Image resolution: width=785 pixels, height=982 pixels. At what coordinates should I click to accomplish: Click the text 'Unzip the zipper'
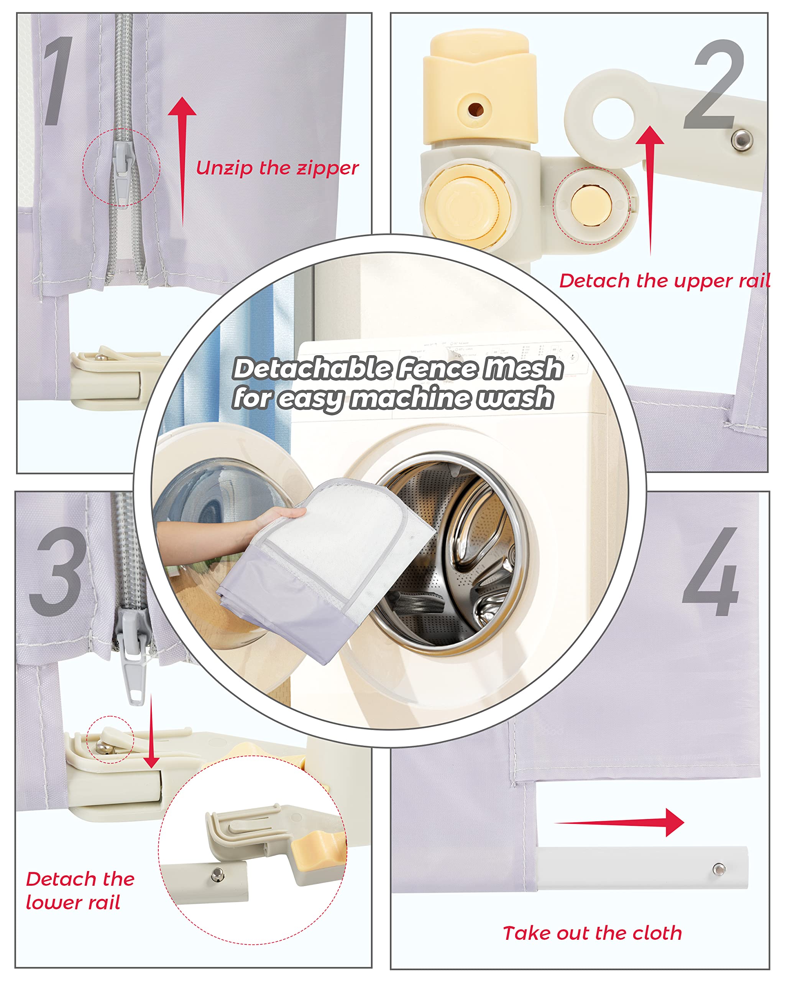click(x=277, y=168)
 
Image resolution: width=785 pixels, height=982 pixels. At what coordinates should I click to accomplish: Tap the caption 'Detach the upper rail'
click(x=664, y=281)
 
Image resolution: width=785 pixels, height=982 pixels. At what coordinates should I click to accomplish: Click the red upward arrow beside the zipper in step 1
click(x=182, y=162)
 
